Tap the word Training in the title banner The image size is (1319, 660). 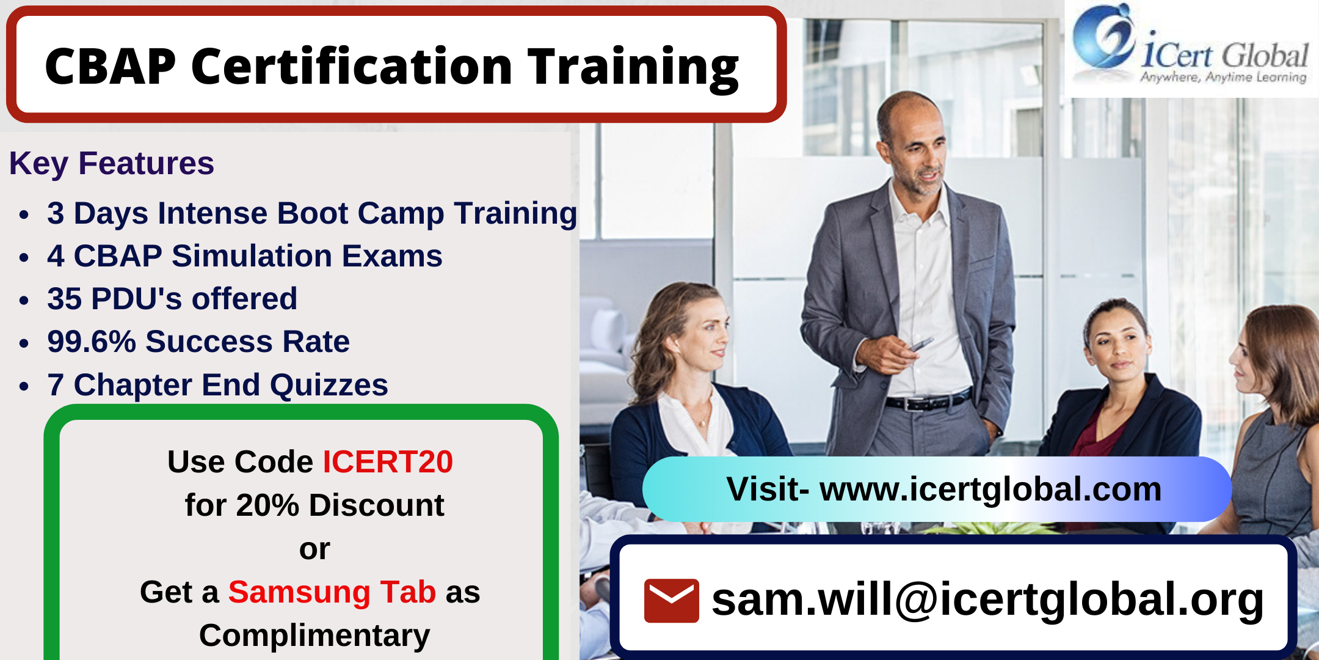point(633,68)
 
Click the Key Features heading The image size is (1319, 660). point(112,163)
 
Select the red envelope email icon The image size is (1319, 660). point(672,600)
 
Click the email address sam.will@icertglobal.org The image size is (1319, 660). point(987,600)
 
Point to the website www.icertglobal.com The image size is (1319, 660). point(990,489)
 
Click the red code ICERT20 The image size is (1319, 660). point(388,461)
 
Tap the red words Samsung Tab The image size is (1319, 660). point(332,592)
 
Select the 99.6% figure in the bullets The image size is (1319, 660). point(92,341)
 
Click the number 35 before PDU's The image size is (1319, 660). point(65,298)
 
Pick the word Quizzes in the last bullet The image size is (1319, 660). point(329,385)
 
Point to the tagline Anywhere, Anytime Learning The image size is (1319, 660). point(1223,77)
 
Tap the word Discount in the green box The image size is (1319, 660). point(377,505)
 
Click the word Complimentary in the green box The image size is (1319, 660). point(314,636)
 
